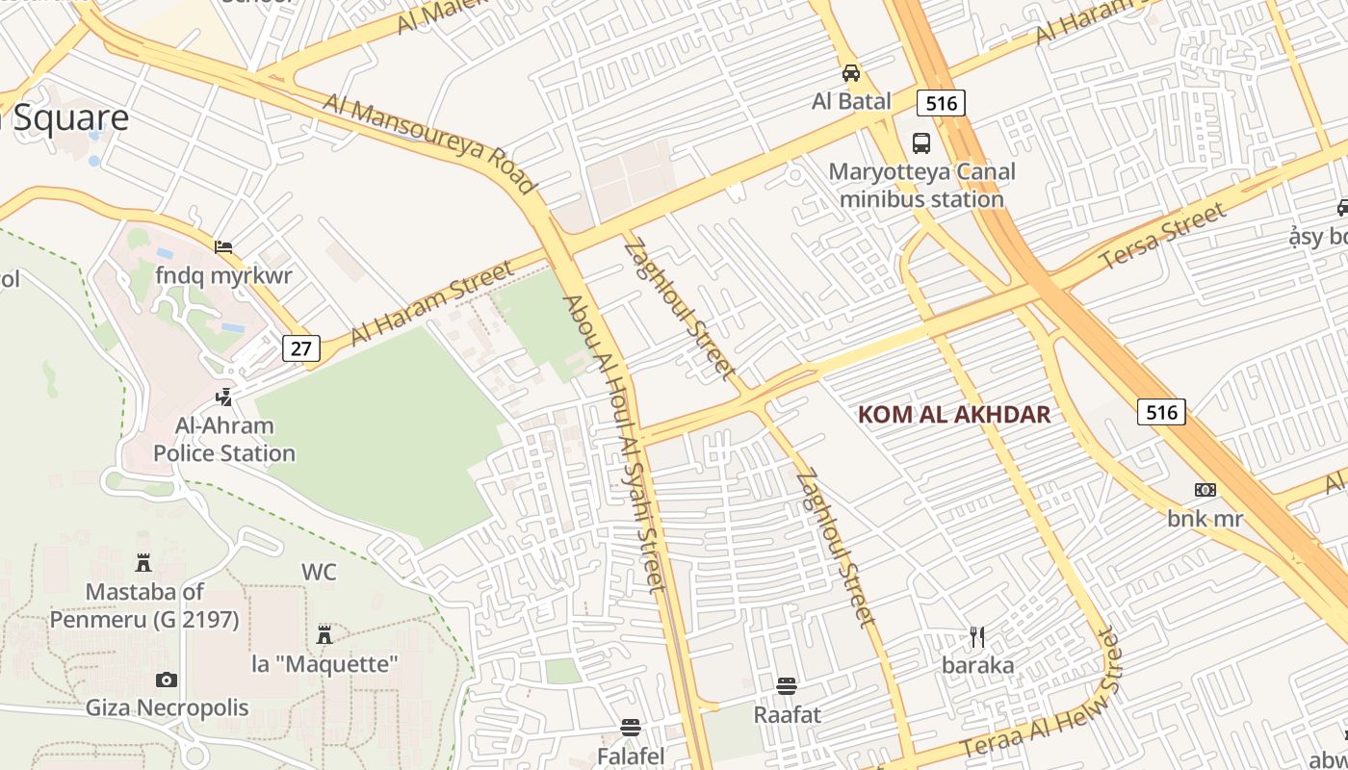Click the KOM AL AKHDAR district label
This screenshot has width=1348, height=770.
pyautogui.click(x=953, y=415)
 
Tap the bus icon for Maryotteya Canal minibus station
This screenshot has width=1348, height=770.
pyautogui.click(x=921, y=143)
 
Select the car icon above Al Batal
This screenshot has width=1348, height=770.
pyautogui.click(x=851, y=73)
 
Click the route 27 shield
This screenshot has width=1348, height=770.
pyautogui.click(x=300, y=347)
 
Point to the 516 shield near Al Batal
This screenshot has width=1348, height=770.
pyautogui.click(x=941, y=102)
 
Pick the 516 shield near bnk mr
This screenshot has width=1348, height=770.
pyautogui.click(x=1160, y=412)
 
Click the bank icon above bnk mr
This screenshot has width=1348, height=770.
pyautogui.click(x=1205, y=490)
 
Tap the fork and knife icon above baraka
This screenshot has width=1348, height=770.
pyautogui.click(x=977, y=637)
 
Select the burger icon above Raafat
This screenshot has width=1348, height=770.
pyautogui.click(x=787, y=686)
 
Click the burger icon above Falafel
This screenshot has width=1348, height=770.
pyautogui.click(x=631, y=728)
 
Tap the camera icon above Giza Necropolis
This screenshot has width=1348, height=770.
pyautogui.click(x=167, y=680)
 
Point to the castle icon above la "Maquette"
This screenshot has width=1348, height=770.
pyautogui.click(x=324, y=635)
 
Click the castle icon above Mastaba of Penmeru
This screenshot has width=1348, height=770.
pyautogui.click(x=143, y=562)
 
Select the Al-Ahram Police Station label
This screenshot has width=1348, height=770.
pyautogui.click(x=224, y=439)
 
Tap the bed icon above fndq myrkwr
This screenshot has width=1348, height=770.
pyautogui.click(x=223, y=247)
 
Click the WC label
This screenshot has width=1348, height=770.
pyautogui.click(x=319, y=572)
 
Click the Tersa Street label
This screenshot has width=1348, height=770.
pyautogui.click(x=1163, y=236)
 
